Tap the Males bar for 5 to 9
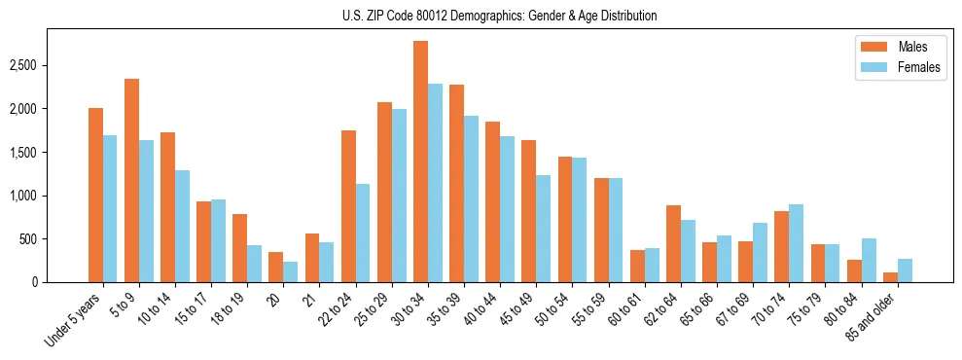click(131, 180)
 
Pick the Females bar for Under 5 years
click(110, 208)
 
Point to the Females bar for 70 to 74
click(797, 243)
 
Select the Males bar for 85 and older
click(890, 277)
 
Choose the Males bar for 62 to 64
click(673, 243)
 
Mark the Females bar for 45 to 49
click(543, 229)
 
